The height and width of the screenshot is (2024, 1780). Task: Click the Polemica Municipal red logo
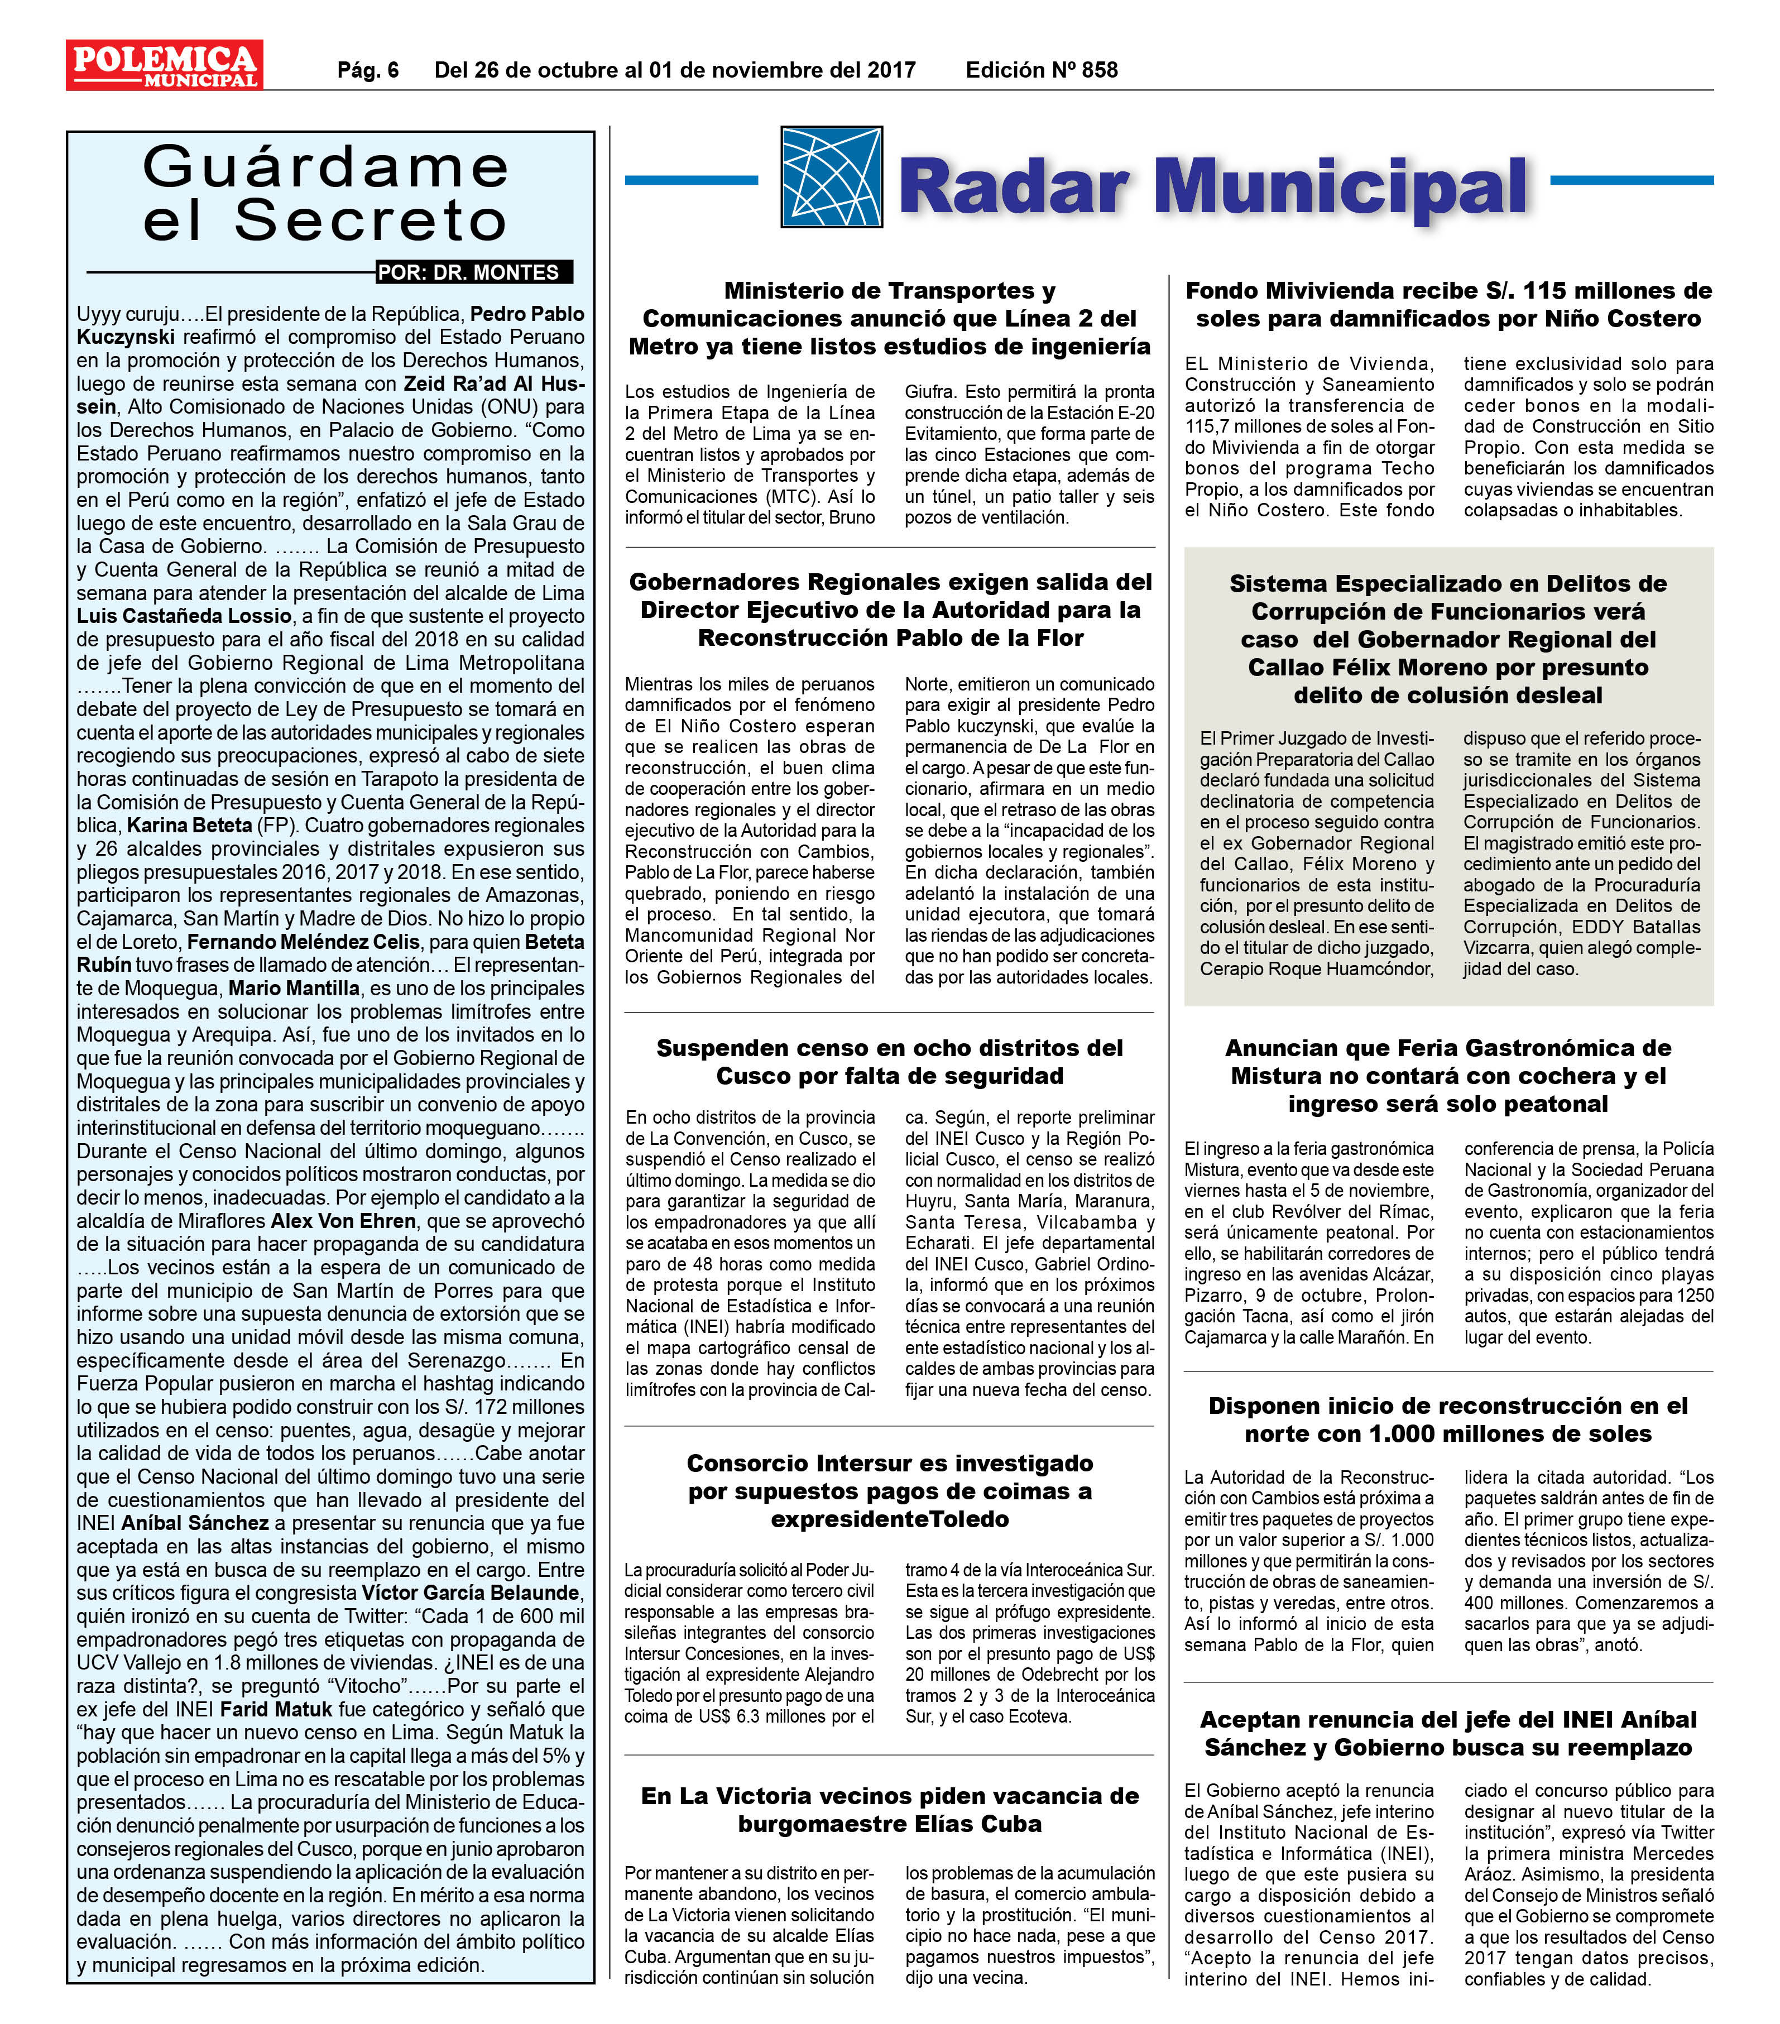click(x=164, y=65)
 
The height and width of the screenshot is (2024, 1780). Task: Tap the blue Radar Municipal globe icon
click(x=831, y=178)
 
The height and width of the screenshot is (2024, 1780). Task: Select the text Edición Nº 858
click(x=1042, y=70)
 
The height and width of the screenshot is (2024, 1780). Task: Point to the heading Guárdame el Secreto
click(x=326, y=194)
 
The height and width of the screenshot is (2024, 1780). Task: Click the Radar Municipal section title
click(x=1213, y=186)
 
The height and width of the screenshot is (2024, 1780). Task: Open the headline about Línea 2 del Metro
click(x=889, y=319)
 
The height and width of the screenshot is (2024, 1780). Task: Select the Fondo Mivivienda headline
click(x=1448, y=305)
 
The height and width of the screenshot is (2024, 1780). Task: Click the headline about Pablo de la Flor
click(x=889, y=610)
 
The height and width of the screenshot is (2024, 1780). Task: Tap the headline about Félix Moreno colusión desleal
click(x=1448, y=640)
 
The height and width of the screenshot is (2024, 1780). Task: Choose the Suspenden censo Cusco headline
click(x=889, y=1062)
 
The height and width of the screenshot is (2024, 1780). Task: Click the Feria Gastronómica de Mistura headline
click(x=1448, y=1076)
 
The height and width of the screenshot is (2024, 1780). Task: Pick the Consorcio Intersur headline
click(x=889, y=1491)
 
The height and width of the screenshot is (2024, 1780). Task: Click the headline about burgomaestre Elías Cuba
click(x=889, y=1809)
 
